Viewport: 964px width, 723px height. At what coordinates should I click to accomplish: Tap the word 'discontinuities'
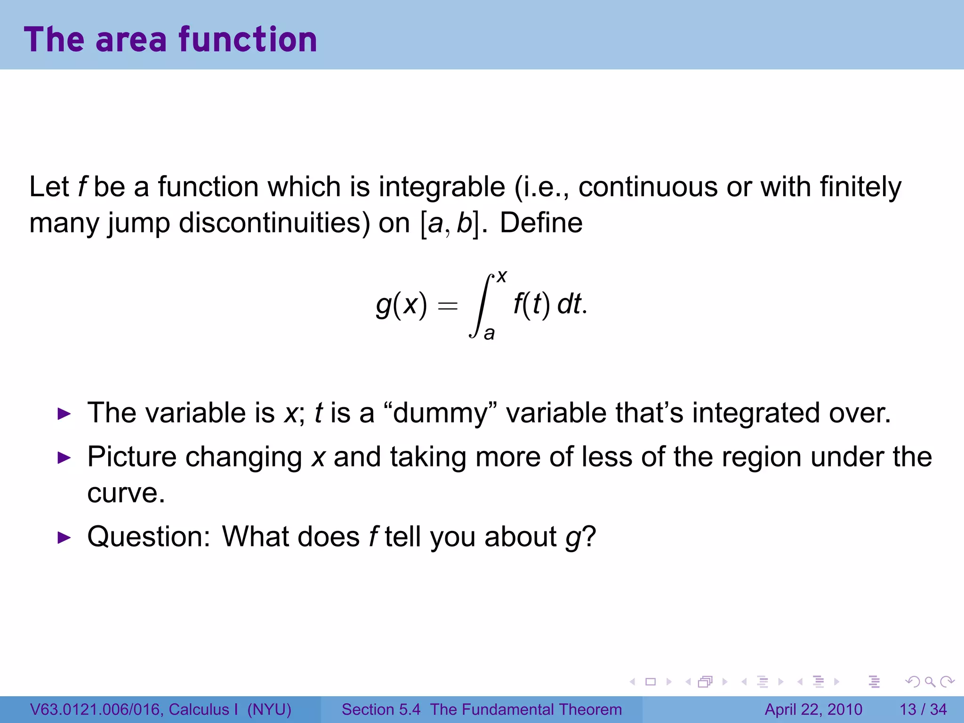point(274,223)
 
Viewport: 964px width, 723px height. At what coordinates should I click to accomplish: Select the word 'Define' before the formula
point(541,223)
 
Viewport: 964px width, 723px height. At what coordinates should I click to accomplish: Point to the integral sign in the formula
point(481,305)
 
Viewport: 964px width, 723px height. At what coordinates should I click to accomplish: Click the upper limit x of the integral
point(502,276)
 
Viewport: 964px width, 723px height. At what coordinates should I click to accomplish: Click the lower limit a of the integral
point(489,333)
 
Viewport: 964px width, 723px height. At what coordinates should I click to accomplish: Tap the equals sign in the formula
point(447,306)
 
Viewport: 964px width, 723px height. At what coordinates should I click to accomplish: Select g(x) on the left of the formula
point(402,305)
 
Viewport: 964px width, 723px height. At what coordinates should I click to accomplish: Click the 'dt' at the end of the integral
point(570,304)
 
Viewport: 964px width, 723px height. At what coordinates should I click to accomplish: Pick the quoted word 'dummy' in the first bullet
point(441,413)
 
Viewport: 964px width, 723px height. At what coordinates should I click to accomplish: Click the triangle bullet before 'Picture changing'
point(64,458)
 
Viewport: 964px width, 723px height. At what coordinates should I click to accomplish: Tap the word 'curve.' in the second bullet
point(126,493)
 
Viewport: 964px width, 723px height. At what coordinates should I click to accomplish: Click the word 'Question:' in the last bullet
point(149,537)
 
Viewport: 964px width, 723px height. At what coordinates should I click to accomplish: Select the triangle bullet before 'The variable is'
point(64,414)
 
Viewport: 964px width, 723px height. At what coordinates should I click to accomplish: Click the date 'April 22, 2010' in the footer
point(813,709)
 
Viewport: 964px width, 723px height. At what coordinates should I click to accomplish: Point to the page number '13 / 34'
point(923,709)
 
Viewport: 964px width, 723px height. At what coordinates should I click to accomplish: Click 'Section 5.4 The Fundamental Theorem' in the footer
point(482,709)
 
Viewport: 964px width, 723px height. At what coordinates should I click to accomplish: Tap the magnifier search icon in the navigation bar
point(930,682)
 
